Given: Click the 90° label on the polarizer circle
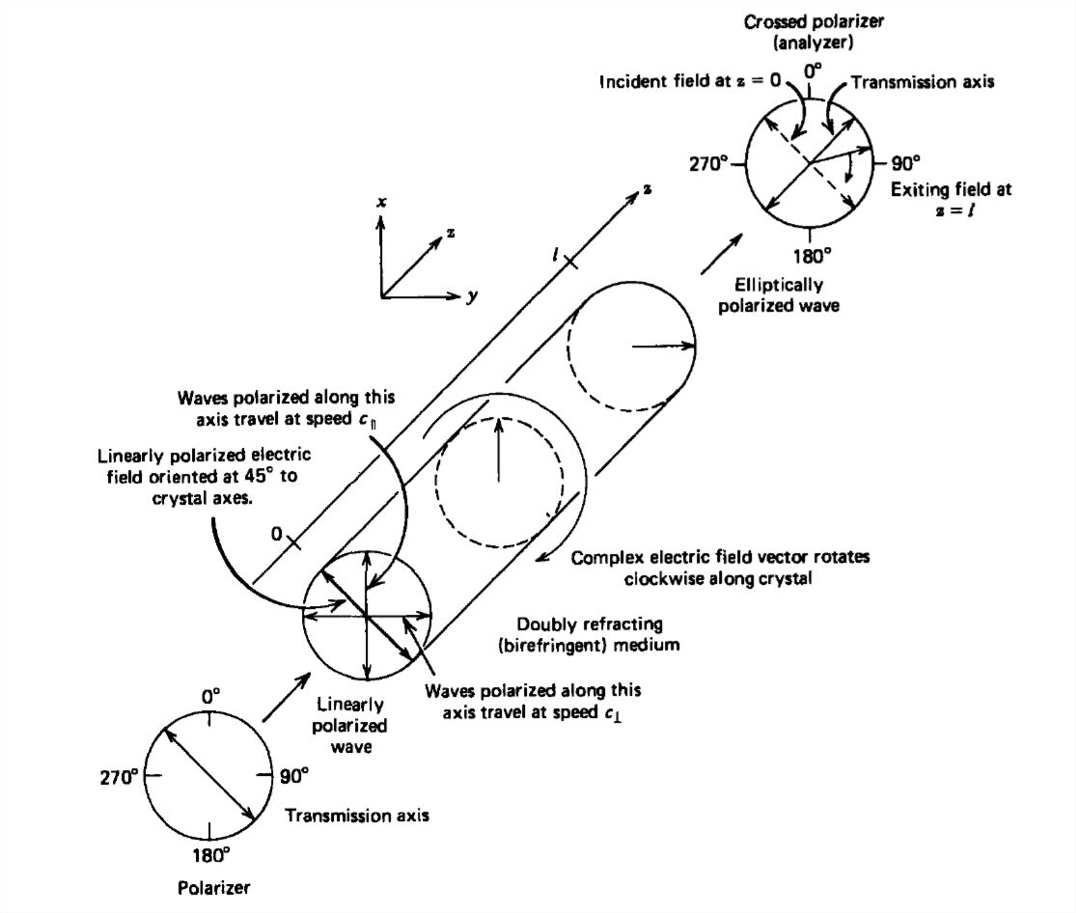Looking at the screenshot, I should pos(294,774).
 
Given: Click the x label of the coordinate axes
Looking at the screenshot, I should pos(383,202).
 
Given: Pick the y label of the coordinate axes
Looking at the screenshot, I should pos(473,297).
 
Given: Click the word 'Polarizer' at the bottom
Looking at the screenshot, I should pos(209,886).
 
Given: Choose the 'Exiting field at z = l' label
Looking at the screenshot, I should pos(951,199).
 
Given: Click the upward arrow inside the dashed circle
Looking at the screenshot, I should pos(498,449).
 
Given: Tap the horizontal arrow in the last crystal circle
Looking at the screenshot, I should pos(662,345).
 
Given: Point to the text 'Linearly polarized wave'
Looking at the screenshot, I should pos(351,725).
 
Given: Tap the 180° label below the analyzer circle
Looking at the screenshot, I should pos(813,256).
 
